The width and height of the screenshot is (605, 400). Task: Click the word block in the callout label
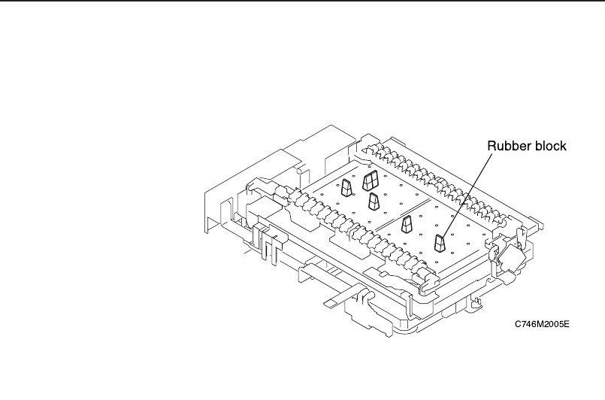coord(549,146)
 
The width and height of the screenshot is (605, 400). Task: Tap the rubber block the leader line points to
coord(441,243)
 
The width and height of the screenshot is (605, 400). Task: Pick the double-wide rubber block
coord(371,180)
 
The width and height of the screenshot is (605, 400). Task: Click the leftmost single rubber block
coord(346,187)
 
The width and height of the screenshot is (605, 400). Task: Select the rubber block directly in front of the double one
coord(373,202)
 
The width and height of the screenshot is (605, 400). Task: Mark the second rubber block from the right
coord(407,223)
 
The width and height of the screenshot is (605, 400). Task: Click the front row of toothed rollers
coord(353,229)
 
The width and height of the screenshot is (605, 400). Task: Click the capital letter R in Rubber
coord(492,146)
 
